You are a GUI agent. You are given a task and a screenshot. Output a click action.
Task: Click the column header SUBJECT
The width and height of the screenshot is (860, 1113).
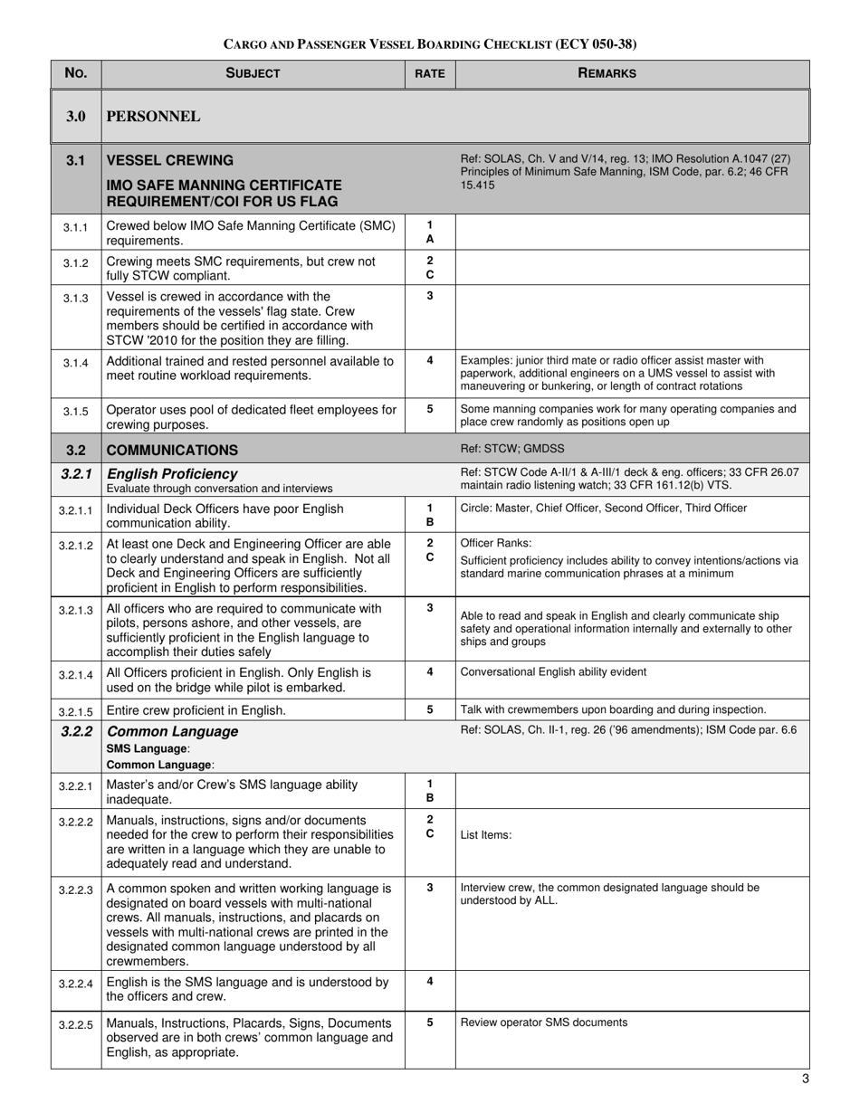[x=253, y=73]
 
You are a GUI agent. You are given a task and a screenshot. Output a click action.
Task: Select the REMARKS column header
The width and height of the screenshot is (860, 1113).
[x=607, y=73]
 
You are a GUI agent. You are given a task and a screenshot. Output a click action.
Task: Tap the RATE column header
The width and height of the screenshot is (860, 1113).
[x=430, y=74]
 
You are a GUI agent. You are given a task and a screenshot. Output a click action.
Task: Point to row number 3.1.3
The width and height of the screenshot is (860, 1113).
[x=76, y=298]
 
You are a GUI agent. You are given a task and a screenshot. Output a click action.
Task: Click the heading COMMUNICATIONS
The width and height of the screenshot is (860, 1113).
[x=172, y=450]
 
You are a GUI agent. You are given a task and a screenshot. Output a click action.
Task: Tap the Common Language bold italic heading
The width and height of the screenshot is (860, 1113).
[x=172, y=731]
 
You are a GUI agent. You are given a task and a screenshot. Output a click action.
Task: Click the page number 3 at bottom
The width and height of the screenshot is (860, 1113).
[x=805, y=1078]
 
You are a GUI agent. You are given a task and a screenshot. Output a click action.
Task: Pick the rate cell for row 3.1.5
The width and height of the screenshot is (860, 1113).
[x=430, y=409]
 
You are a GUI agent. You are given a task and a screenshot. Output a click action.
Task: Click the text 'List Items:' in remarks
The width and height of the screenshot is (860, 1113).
[x=486, y=834]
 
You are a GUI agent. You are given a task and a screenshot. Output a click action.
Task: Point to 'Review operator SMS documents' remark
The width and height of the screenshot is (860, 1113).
[x=544, y=1023]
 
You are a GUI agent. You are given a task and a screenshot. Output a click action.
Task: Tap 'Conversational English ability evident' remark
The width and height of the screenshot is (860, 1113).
[x=553, y=671]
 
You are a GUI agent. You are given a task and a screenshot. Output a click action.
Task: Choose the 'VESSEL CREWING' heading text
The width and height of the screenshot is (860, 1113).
[x=170, y=160]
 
